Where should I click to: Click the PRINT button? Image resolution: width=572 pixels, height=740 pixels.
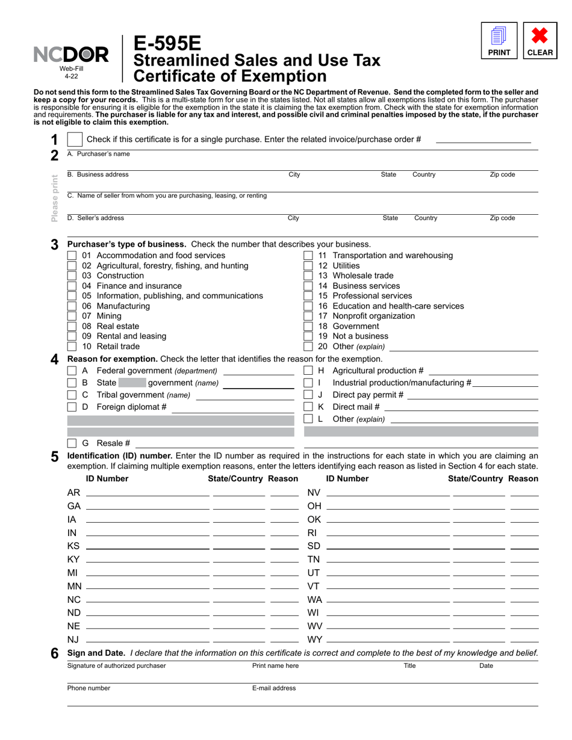click(499, 40)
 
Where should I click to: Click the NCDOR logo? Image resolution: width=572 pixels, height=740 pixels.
click(70, 55)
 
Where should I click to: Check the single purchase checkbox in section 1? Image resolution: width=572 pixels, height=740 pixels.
click(75, 140)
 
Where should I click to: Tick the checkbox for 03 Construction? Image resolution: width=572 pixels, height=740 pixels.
click(72, 276)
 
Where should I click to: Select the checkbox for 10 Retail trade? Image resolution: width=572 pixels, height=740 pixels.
click(72, 347)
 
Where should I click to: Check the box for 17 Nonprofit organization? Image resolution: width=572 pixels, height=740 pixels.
click(308, 316)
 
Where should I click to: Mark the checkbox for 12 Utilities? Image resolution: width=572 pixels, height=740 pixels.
click(308, 265)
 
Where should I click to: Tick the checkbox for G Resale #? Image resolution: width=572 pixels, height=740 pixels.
click(72, 443)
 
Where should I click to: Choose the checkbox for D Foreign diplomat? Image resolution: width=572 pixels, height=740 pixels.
click(72, 407)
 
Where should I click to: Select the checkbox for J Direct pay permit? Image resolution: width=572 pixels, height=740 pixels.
click(308, 395)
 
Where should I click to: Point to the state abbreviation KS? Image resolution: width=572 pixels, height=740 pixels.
click(73, 546)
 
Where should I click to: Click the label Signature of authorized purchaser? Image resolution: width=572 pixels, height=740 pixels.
click(116, 666)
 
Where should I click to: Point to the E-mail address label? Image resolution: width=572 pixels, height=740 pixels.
click(274, 688)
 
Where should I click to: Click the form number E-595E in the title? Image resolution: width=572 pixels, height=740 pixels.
click(168, 44)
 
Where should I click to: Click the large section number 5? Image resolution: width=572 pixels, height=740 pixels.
click(54, 457)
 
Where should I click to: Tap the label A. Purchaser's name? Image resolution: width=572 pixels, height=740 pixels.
click(98, 154)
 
